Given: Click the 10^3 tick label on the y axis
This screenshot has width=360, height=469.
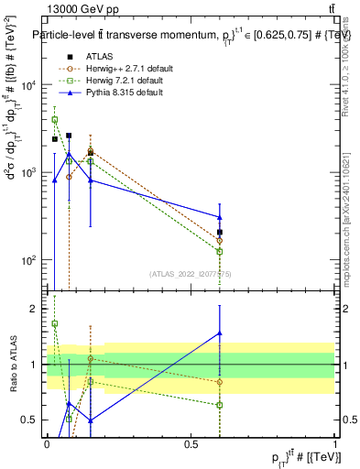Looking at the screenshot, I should (27, 172).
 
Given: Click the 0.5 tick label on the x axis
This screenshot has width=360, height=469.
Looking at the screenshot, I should (191, 444).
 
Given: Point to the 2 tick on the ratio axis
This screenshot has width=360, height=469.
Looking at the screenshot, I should (35, 309).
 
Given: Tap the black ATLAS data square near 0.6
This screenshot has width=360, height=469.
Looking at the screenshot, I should (220, 232).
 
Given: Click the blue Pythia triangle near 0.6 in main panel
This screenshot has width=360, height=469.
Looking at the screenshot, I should (220, 217).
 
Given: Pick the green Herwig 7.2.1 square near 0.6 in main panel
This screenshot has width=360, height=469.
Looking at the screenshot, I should (220, 250).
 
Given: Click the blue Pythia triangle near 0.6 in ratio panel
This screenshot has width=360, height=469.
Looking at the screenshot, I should (220, 333).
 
